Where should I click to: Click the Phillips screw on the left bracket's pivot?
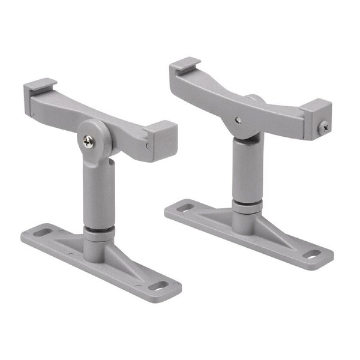[89, 142]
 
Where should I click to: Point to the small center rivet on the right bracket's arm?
[238, 120]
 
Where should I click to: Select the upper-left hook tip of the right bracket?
[184, 62]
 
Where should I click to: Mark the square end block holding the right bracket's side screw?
[317, 119]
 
